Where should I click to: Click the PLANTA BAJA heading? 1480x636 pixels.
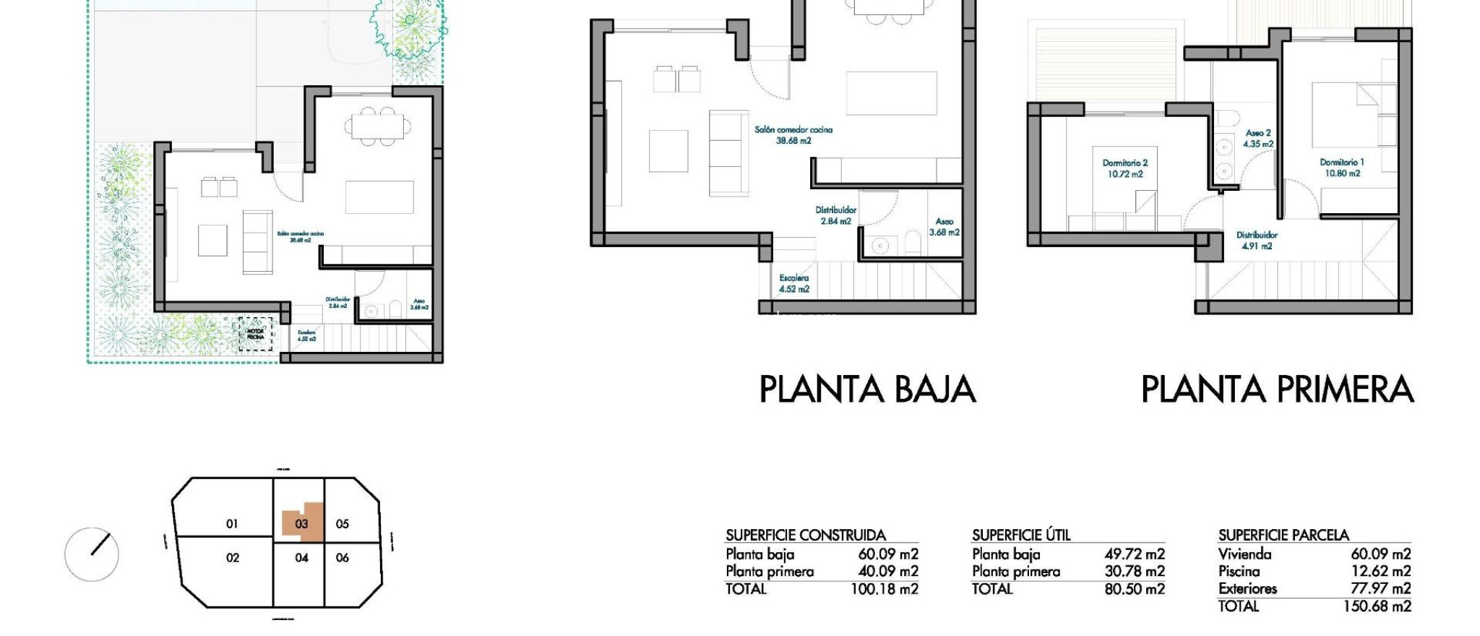point(867,390)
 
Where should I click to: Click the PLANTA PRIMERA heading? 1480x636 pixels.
point(1276,390)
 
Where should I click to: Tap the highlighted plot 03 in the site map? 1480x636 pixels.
point(301,523)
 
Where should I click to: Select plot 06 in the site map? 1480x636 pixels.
point(343,557)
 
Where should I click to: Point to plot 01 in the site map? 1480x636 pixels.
point(232,523)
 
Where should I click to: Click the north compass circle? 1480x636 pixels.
point(92,554)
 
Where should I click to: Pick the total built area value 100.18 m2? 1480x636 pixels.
point(884,589)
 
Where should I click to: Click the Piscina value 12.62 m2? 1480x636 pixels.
point(1380,572)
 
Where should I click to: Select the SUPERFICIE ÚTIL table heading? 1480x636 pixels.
point(1020,536)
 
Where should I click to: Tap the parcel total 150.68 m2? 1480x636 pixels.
point(1377,606)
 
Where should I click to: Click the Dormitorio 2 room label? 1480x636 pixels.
point(1125,168)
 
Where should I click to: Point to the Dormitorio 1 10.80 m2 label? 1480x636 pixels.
point(1342,168)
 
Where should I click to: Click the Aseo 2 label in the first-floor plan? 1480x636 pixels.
point(1258,138)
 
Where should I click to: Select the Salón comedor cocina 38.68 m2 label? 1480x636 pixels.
point(793,135)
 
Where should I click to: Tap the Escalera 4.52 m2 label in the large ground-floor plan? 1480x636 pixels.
point(793,283)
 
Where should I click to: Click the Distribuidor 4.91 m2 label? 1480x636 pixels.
point(1257,240)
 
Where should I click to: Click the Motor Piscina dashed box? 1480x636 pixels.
point(256,335)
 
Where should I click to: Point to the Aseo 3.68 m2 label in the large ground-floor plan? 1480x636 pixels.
point(944,227)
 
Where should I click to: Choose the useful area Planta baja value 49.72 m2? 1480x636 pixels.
point(1134,554)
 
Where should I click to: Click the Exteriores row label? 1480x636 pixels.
point(1247,589)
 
